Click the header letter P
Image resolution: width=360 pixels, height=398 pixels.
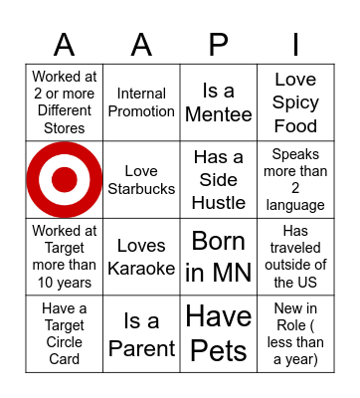tap(219, 45)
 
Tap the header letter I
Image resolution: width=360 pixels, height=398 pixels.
tap(295, 45)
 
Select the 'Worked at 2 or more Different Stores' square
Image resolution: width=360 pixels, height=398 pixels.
tap(65, 102)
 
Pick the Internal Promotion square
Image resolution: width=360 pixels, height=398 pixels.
tap(141, 102)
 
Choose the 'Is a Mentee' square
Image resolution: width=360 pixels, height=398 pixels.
tap(219, 102)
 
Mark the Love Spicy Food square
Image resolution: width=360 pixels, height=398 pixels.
tap(295, 102)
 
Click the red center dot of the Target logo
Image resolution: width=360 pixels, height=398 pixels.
tap(65, 179)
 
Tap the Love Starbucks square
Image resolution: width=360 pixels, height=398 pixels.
tap(141, 179)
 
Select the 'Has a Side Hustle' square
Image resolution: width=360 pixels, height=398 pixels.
tap(219, 179)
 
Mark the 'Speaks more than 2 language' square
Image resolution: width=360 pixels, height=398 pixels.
tap(295, 179)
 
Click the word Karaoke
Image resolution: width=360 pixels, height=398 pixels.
tap(141, 268)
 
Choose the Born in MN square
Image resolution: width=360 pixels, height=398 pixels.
tap(219, 257)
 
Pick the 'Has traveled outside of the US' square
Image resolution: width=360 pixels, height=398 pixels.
tap(295, 257)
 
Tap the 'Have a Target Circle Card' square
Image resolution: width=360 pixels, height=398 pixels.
tap(65, 333)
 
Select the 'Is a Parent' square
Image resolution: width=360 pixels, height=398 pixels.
tap(141, 333)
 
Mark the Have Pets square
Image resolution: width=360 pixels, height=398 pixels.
tap(219, 333)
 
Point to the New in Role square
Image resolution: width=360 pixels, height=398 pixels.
tap(295, 333)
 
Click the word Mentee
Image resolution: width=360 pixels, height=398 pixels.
tap(219, 114)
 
